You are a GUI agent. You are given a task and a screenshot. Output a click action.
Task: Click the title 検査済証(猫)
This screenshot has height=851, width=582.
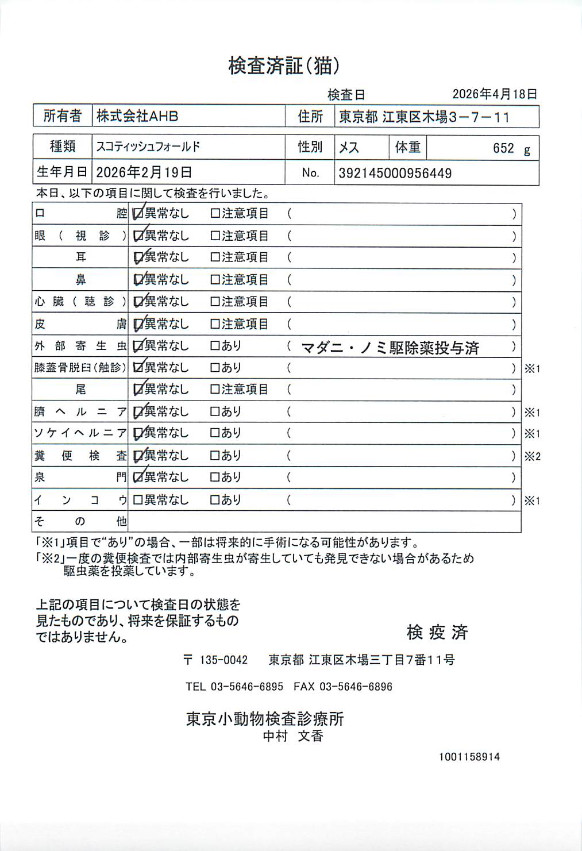click(x=284, y=66)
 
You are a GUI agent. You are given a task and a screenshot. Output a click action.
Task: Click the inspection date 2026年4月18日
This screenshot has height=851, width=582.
click(x=495, y=94)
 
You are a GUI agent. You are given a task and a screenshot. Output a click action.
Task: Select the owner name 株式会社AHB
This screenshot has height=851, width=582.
click(x=137, y=116)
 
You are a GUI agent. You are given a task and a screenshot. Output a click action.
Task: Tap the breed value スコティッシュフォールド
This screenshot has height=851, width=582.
click(x=148, y=147)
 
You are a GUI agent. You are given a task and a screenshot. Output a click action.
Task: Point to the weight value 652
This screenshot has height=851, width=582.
click(x=503, y=148)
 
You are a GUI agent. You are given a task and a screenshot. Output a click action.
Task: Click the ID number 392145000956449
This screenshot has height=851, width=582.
click(x=395, y=174)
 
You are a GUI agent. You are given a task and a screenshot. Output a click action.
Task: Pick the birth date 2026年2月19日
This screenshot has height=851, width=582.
click(x=144, y=172)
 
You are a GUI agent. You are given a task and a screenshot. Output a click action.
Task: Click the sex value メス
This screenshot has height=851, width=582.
click(x=349, y=148)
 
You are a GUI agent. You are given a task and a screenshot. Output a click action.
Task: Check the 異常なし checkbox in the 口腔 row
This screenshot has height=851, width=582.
click(x=138, y=214)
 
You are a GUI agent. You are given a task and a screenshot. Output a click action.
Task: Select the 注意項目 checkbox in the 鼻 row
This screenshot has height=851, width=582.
click(x=215, y=280)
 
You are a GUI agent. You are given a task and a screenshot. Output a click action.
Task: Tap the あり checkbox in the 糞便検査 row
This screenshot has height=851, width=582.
click(x=215, y=456)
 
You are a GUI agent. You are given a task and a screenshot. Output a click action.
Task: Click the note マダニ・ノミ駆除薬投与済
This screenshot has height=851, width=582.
click(x=390, y=348)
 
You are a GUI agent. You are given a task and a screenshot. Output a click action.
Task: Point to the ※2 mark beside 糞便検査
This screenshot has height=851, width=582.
click(x=532, y=457)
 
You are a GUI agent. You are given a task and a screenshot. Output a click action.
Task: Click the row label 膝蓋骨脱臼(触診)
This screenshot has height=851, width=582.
click(x=80, y=368)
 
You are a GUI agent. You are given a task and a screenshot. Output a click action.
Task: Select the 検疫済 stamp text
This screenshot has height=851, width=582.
click(x=437, y=633)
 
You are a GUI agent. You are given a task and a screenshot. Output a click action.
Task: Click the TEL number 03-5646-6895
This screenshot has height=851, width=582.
click(x=234, y=687)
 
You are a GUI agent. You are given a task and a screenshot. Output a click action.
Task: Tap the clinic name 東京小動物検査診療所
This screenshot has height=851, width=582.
click(x=265, y=719)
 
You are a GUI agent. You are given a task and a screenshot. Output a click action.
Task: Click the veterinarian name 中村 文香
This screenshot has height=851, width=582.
click(x=293, y=736)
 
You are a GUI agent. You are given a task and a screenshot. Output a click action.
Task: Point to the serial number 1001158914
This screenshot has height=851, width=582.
click(x=469, y=757)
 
